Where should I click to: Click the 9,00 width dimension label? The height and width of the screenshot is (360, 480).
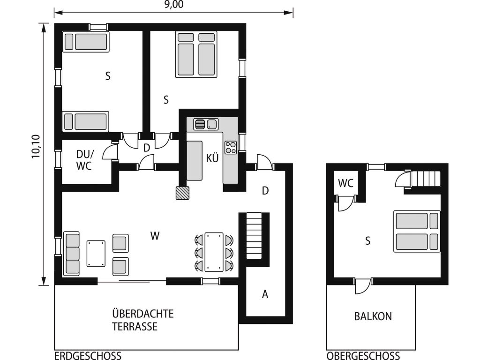174,5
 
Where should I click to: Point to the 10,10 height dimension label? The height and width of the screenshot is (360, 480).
36,146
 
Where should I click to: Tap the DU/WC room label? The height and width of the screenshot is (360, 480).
84,160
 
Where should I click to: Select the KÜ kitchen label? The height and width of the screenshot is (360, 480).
212,158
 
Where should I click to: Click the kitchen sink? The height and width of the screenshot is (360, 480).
206,124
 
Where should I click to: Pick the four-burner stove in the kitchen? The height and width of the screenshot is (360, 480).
231,147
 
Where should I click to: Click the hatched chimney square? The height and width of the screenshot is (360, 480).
182,193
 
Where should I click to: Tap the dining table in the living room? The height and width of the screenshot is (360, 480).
214,252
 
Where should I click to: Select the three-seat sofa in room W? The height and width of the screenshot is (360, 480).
71,254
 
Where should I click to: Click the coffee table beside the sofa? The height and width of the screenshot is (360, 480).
96,254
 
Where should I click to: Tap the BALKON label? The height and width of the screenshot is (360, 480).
373,316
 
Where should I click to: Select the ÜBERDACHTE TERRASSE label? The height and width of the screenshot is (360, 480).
142,320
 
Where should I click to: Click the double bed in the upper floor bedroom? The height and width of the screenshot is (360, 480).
417,232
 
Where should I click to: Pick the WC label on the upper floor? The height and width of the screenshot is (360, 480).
345,183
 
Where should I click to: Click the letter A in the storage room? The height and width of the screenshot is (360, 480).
265,294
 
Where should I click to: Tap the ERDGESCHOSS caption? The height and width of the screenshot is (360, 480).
88,356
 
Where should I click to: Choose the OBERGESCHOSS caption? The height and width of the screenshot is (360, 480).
363,356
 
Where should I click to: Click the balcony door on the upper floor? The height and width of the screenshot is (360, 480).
363,286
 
